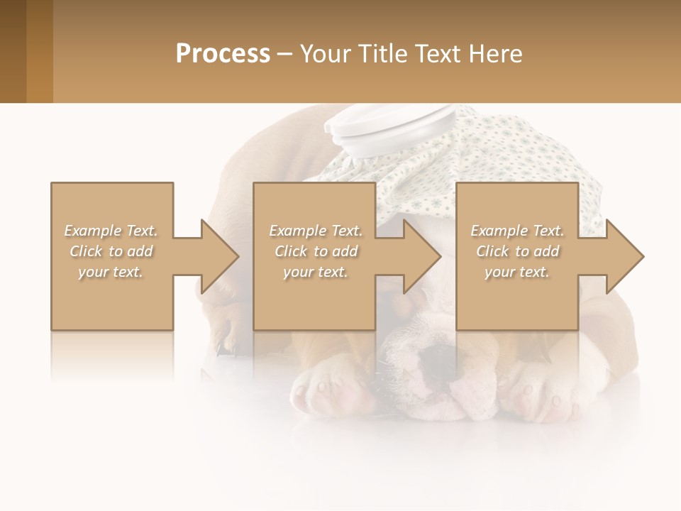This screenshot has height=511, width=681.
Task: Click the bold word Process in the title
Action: [x=223, y=54]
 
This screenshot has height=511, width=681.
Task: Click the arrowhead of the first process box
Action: [x=220, y=256]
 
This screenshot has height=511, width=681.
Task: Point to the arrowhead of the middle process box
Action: [x=422, y=256]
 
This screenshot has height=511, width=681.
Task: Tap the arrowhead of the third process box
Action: [x=624, y=256]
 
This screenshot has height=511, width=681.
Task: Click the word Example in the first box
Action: [x=93, y=231]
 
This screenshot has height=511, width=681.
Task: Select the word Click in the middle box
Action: [x=289, y=251]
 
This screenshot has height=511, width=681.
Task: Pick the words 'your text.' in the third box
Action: [x=516, y=272]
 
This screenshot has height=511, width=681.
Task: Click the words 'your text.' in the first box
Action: [x=111, y=272]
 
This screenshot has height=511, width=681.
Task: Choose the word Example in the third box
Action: [x=499, y=231]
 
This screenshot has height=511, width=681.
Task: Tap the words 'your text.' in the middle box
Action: [x=315, y=272]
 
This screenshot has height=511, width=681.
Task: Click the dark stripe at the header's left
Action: [x=13, y=51]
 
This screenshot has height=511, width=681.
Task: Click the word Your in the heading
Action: [x=326, y=54]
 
